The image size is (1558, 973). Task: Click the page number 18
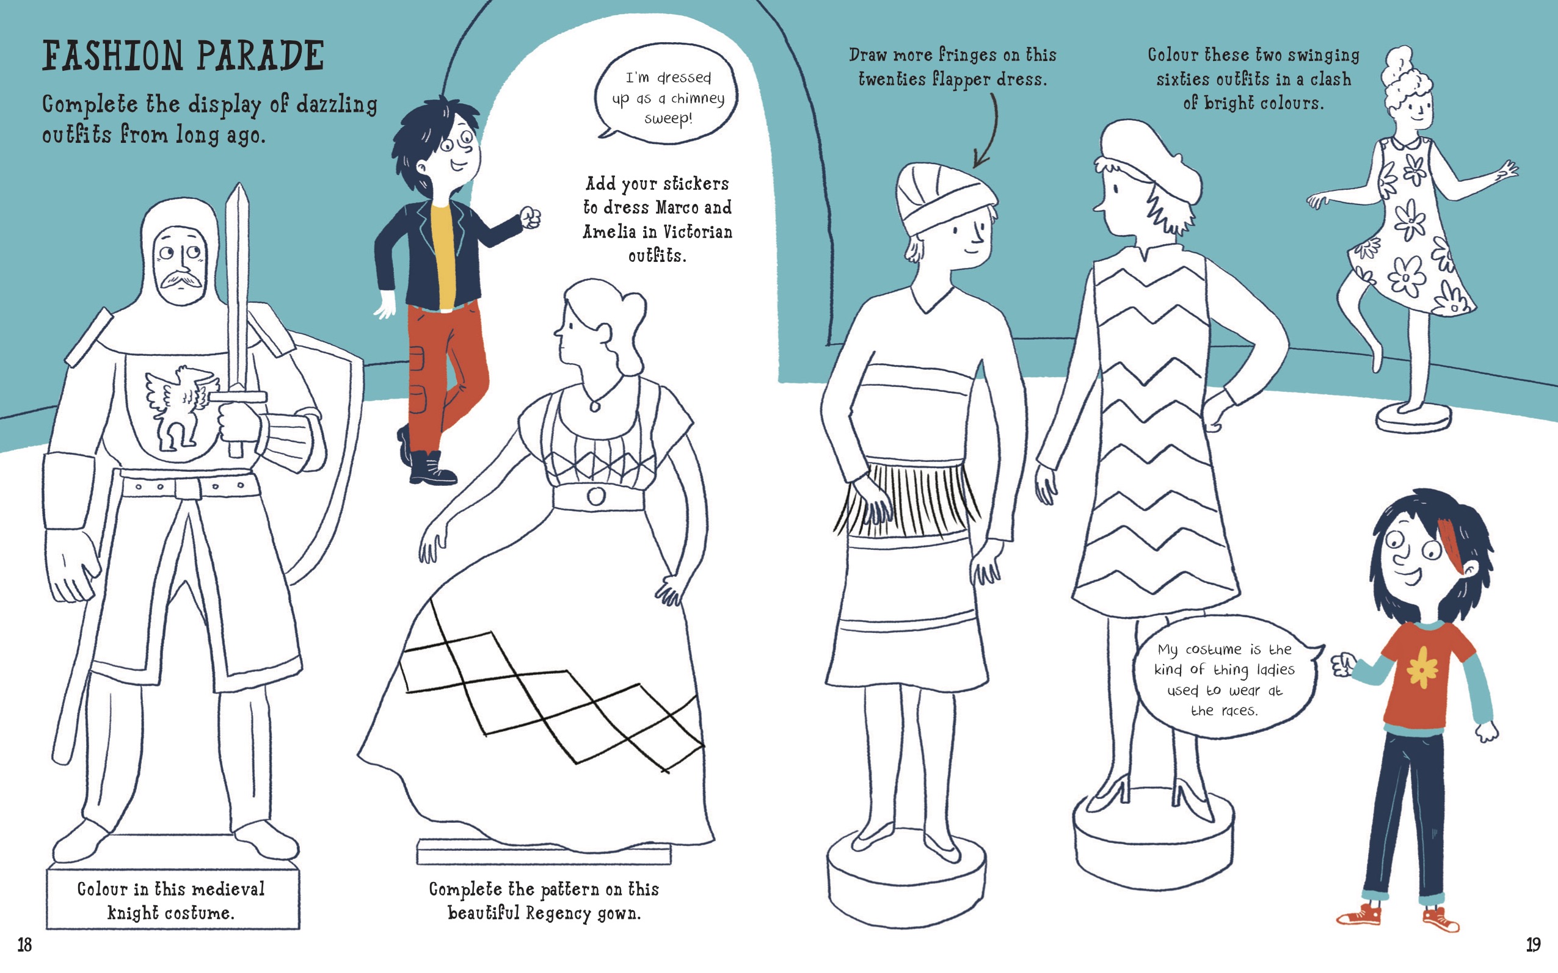coord(24,944)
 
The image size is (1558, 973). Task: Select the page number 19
coord(1533,944)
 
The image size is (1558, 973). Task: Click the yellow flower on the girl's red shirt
coord(1422,667)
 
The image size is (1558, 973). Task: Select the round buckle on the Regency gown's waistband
coord(595,496)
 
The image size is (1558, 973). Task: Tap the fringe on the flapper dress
coord(908,499)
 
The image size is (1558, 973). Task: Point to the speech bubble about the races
coord(1227,678)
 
